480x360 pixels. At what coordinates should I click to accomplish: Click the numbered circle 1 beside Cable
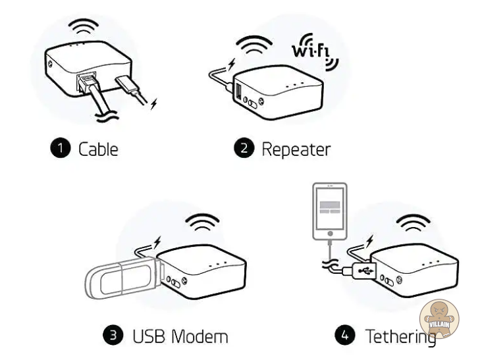(x=61, y=148)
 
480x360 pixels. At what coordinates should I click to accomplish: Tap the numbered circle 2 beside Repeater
(x=244, y=148)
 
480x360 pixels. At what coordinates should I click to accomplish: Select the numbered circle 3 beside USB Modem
(x=113, y=335)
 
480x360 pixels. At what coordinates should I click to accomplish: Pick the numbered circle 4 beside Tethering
(x=345, y=335)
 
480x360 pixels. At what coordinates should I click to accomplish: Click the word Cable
(x=98, y=149)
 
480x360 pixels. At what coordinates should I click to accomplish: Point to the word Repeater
(x=296, y=150)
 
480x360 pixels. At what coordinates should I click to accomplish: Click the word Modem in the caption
(x=200, y=336)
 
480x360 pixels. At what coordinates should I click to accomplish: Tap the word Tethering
(x=401, y=337)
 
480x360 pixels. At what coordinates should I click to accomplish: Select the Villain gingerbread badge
(x=439, y=319)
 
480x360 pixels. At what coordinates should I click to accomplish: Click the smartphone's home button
(x=330, y=234)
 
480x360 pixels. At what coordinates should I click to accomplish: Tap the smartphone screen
(x=330, y=208)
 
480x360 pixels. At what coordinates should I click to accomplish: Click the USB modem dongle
(x=123, y=278)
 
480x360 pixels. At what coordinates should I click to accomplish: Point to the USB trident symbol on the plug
(x=367, y=270)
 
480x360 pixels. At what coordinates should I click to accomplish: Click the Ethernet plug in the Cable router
(x=88, y=82)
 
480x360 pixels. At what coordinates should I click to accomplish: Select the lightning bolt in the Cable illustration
(x=153, y=104)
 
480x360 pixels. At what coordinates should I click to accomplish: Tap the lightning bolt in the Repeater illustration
(x=232, y=64)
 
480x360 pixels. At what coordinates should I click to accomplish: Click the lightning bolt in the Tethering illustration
(x=371, y=241)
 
